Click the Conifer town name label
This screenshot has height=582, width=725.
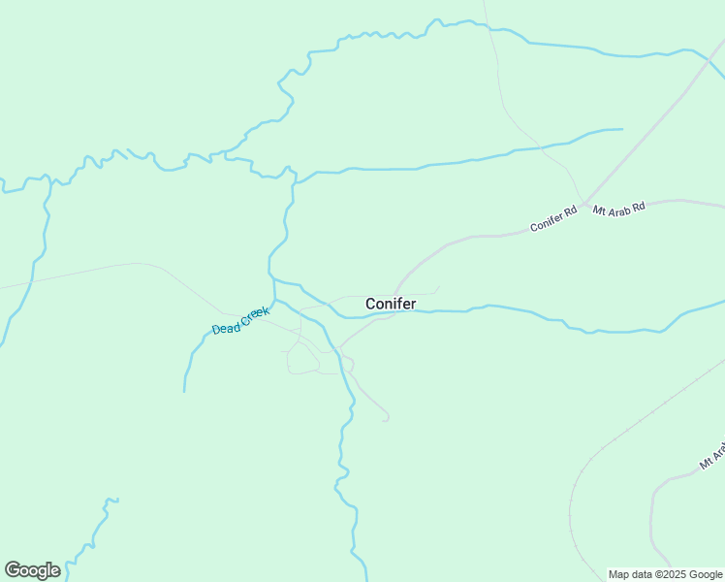[x=391, y=304]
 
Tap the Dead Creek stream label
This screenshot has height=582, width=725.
[x=240, y=321]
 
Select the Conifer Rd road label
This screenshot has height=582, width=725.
[x=553, y=217]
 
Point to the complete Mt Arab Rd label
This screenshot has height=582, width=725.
[x=618, y=209]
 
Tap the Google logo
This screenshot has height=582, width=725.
[x=32, y=570]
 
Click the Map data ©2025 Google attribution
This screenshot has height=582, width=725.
[x=666, y=574]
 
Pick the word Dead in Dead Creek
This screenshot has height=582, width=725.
[x=225, y=328]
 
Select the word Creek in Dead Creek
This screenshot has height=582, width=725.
[x=254, y=314]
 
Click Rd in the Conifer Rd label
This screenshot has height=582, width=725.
[x=570, y=210]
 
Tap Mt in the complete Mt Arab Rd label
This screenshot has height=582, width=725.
[x=599, y=210]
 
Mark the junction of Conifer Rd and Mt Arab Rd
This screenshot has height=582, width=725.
[x=584, y=206]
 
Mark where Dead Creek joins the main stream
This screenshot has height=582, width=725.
[x=274, y=300]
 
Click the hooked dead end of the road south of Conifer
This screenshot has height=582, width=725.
[x=387, y=419]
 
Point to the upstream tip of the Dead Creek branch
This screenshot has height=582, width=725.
[x=184, y=391]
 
